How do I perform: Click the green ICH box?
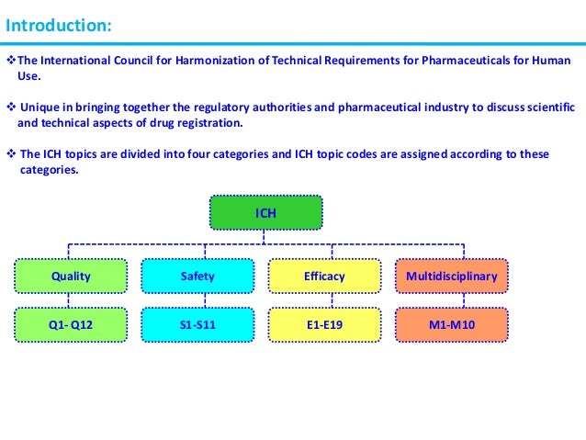[x=265, y=212]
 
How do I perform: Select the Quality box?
[x=71, y=276]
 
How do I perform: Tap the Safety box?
[x=197, y=276]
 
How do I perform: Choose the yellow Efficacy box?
[x=323, y=276]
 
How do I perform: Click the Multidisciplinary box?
[x=451, y=276]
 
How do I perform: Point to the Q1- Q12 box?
[x=71, y=324]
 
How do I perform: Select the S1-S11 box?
[x=197, y=324]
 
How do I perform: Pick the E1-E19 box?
[x=323, y=324]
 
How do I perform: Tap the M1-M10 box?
[x=451, y=324]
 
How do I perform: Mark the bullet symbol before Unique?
[x=10, y=106]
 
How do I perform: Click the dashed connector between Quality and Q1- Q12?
[x=71, y=300]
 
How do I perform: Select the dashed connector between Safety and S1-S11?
[x=197, y=300]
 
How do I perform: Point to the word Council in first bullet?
[x=124, y=61]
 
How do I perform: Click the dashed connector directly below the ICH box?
[x=265, y=236]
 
